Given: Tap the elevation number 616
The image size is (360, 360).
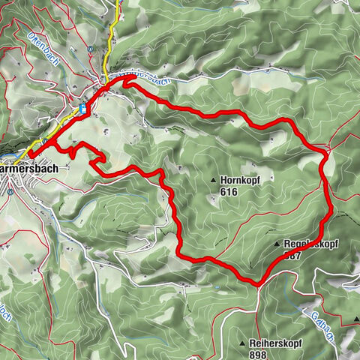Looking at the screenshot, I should [x=229, y=193].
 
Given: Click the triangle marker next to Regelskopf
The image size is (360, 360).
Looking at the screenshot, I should [x=277, y=244].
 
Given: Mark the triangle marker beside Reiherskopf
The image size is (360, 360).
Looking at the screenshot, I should [x=241, y=343].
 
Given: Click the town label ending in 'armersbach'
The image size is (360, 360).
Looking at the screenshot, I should [x=30, y=169].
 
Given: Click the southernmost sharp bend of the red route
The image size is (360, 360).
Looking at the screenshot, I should [x=256, y=284].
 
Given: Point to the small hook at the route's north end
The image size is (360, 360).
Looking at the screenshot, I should [x=125, y=85].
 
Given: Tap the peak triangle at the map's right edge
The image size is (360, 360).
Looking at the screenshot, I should [x=355, y=319].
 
